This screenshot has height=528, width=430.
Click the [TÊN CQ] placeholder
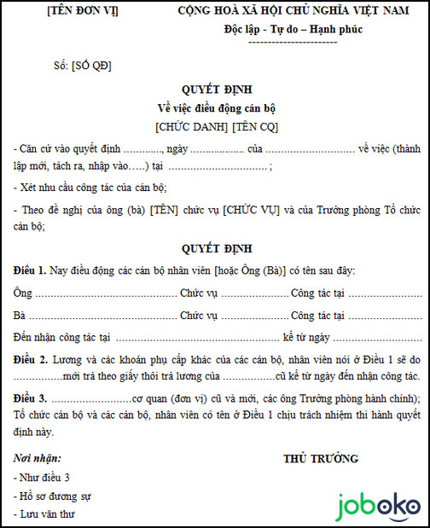click(253, 126)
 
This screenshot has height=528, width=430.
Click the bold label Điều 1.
click(32, 270)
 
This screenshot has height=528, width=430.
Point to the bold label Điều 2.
click(32, 359)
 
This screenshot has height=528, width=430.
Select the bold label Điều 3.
click(32, 399)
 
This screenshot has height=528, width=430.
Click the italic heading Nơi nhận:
click(38, 457)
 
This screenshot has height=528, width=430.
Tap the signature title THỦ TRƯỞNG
click(321, 459)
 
